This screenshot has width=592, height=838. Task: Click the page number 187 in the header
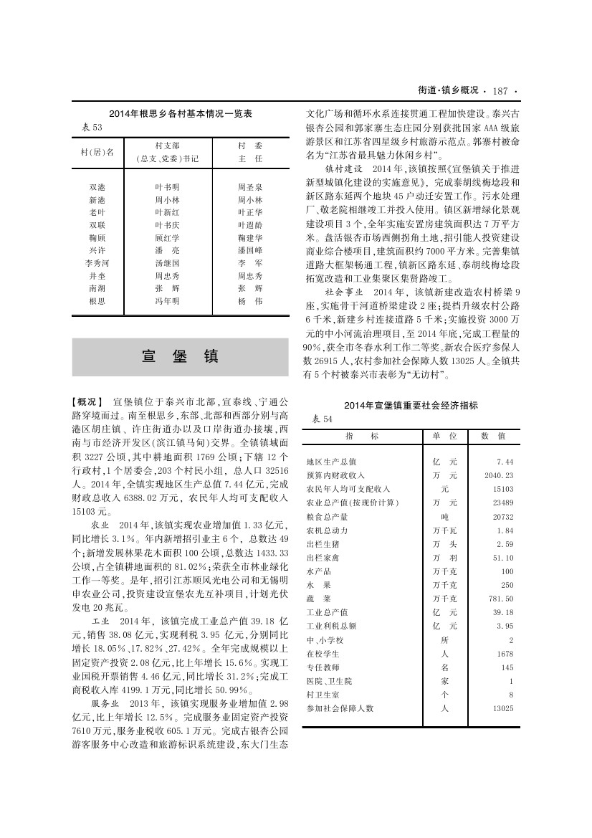[x=500, y=91]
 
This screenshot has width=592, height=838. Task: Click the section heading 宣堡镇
[x=180, y=357]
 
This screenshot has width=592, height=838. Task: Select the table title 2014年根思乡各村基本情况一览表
[x=181, y=114]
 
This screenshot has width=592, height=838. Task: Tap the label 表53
[x=93, y=127]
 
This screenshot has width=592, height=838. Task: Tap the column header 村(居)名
[x=97, y=152]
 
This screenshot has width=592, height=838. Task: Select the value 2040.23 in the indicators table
[x=500, y=475]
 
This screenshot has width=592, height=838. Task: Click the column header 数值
[x=493, y=435]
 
